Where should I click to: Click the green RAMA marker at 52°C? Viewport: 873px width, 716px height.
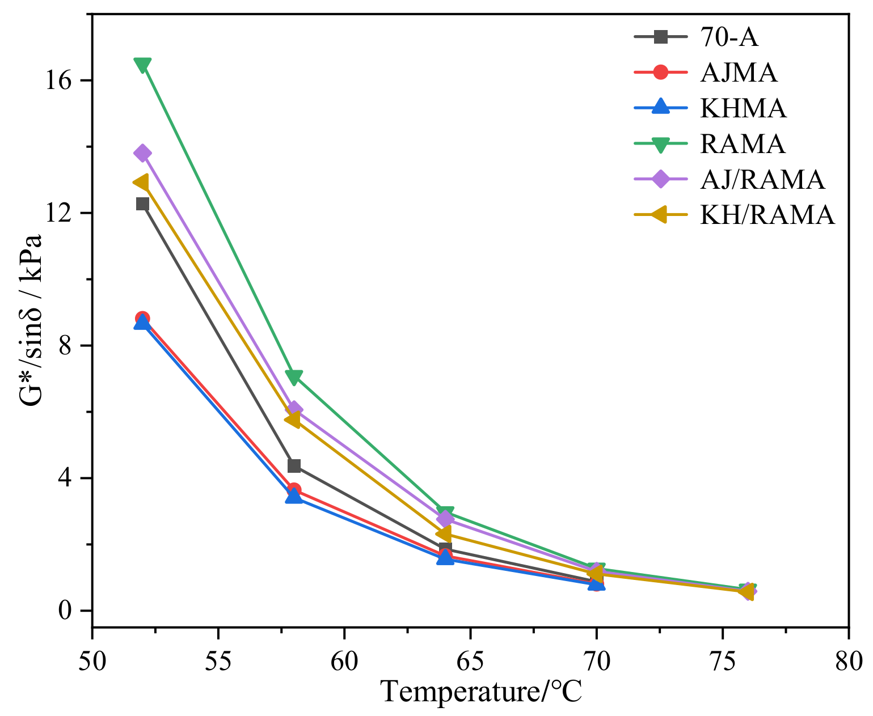142,65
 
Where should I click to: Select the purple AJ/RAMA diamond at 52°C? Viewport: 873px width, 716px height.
142,153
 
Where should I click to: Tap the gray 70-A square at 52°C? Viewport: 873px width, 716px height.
142,204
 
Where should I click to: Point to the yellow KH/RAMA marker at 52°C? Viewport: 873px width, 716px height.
141,182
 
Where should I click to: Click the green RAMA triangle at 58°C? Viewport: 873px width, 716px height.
294,376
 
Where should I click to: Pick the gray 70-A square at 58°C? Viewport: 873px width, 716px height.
294,465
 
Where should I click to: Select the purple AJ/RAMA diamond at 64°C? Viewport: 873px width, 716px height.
445,518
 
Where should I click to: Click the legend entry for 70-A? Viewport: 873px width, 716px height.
729,37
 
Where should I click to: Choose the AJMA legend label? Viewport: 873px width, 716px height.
739,73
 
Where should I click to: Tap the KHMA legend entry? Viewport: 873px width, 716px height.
743,108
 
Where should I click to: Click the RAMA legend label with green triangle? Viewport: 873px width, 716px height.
743,144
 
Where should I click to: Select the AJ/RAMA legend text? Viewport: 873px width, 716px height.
762,180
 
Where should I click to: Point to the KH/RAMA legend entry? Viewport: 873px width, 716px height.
767,215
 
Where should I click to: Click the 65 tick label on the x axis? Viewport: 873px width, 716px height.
470,660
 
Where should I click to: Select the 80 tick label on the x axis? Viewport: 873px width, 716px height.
848,660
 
